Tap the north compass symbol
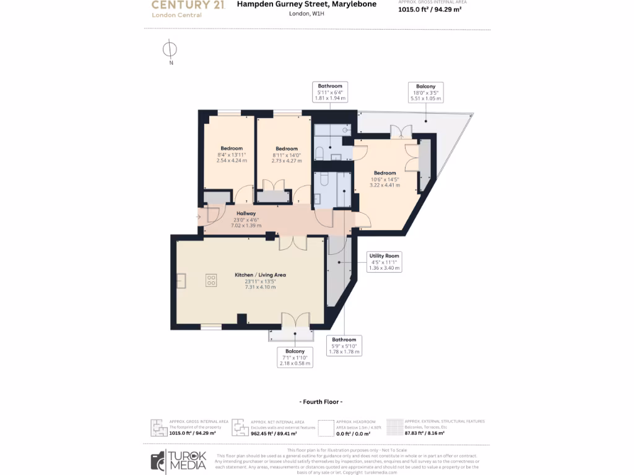[x=170, y=49]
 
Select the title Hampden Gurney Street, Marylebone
[x=306, y=4]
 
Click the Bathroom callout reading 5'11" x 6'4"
[x=330, y=92]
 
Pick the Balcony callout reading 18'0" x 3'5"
[x=425, y=92]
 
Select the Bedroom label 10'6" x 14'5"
[x=384, y=179]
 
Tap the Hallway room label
[x=246, y=220]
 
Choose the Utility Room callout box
[x=384, y=262]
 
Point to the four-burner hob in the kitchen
[x=211, y=280]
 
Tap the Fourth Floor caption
[x=320, y=402]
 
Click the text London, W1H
[x=306, y=13]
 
